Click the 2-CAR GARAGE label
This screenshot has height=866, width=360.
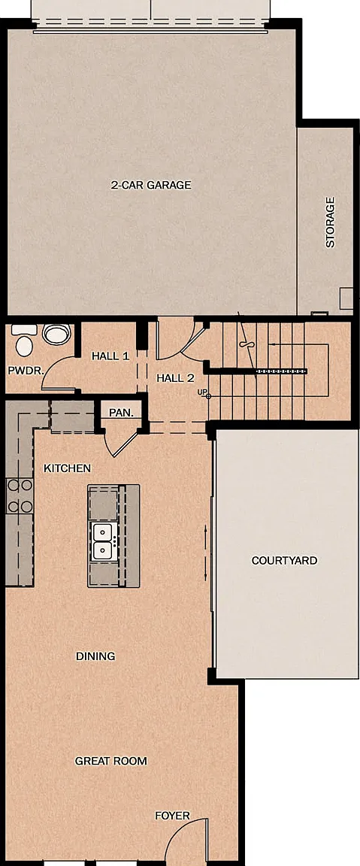pyautogui.click(x=151, y=185)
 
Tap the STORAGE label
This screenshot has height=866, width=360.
pyautogui.click(x=330, y=222)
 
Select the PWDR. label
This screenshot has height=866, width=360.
pyautogui.click(x=26, y=371)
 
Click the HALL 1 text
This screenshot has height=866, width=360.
pyautogui.click(x=110, y=356)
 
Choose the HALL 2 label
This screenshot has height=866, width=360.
pyautogui.click(x=175, y=378)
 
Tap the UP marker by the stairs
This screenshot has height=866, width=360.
pyautogui.click(x=203, y=392)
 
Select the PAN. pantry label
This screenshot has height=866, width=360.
pyautogui.click(x=121, y=412)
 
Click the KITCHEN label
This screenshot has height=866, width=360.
pyautogui.click(x=68, y=468)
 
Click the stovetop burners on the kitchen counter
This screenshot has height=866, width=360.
pyautogui.click(x=20, y=496)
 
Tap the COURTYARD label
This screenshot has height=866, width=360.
pyautogui.click(x=284, y=561)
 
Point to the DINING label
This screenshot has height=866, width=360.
pyautogui.click(x=95, y=656)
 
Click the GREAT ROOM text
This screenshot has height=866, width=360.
pyautogui.click(x=111, y=761)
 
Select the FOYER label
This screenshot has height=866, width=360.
pyautogui.click(x=172, y=816)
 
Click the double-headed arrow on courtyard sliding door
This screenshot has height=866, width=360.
pyautogui.click(x=206, y=545)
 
